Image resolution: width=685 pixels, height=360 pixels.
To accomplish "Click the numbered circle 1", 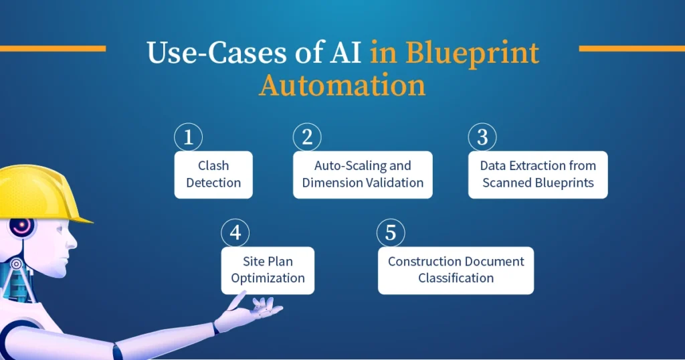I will (x=188, y=138).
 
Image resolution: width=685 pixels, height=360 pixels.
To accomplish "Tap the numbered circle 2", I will (x=307, y=138).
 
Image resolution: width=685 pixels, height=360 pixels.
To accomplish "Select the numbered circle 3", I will (x=482, y=138).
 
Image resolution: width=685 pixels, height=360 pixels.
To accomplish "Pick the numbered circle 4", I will (x=235, y=234).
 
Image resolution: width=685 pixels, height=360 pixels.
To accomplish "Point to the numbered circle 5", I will (x=391, y=234).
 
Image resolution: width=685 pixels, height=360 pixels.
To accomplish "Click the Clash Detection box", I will (x=213, y=175).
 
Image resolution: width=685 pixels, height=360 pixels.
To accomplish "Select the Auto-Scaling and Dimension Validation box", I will (x=363, y=175).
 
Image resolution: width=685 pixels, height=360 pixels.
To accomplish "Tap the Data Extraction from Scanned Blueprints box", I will (x=538, y=175).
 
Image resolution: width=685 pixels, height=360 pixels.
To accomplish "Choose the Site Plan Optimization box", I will (x=268, y=270).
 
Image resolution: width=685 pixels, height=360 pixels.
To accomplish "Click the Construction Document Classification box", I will (x=456, y=270).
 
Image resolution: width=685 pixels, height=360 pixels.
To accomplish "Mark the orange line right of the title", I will (x=631, y=48).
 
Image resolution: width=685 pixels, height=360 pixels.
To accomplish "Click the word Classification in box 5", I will (x=456, y=278).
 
